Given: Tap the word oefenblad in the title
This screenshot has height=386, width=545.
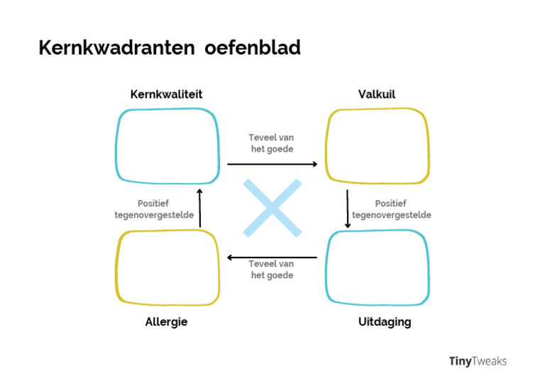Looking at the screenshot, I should point(253,48).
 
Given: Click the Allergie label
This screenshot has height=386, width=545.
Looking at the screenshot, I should point(166,322).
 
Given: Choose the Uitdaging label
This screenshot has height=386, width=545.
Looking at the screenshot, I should point(385,322).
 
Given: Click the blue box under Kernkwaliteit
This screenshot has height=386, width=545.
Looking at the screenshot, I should point(167,145).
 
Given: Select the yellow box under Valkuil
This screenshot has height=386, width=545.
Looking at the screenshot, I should point(378,145).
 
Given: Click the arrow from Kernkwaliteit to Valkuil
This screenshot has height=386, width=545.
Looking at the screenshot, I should point(272,164).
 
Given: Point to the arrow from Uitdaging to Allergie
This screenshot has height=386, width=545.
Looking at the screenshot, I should point(272,258).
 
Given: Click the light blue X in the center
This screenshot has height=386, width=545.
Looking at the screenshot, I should point(272,208).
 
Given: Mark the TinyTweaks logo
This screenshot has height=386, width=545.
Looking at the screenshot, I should point(478,361).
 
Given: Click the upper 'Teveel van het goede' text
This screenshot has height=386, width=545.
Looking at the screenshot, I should point(271,143).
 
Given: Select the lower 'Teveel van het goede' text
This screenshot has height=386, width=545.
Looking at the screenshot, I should point(271,270).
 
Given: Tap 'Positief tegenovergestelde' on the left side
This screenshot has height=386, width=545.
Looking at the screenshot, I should point(154,209).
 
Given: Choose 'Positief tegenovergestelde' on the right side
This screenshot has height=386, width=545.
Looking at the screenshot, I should point(391,209).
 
